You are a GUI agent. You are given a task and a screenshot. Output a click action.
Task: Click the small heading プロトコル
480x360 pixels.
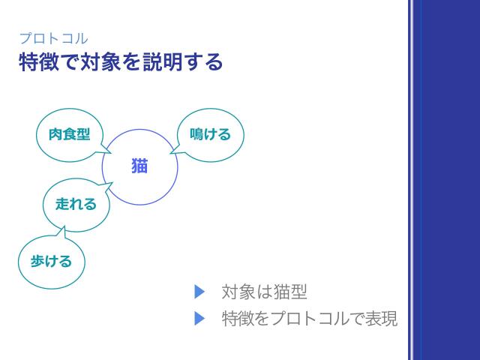[x=53, y=38]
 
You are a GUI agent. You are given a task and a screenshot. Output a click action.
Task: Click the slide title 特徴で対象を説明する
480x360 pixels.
[x=121, y=61]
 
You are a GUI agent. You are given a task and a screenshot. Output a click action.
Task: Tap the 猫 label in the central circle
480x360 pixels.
[x=139, y=166]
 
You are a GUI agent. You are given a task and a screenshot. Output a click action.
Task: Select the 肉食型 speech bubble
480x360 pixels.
[x=69, y=134]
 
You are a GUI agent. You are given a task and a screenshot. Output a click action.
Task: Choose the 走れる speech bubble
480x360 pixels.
[x=76, y=203]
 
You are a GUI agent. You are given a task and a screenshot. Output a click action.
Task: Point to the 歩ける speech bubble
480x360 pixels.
[x=51, y=261]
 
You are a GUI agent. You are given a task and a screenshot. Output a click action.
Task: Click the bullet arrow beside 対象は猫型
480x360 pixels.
[x=199, y=291]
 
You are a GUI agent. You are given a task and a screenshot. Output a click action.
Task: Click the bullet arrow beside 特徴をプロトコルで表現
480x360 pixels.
[x=199, y=319]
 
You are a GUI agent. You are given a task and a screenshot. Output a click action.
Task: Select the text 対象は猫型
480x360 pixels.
[x=264, y=292]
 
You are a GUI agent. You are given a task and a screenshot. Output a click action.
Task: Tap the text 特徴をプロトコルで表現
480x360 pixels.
[x=309, y=319]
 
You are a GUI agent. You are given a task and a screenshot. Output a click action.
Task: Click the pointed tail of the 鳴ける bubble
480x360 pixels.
[x=172, y=153]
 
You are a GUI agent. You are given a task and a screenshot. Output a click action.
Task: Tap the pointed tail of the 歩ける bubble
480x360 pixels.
[x=64, y=232]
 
